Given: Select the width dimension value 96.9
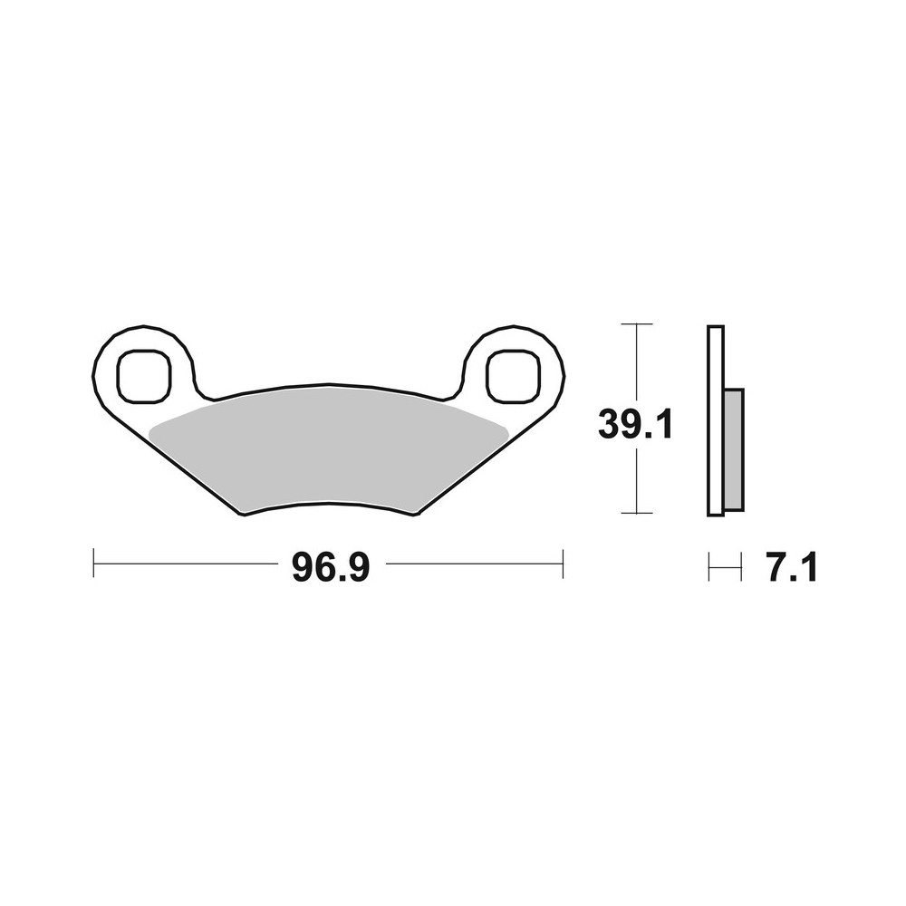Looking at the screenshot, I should [330, 568].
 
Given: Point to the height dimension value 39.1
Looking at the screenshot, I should [635, 424].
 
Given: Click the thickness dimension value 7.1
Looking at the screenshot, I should [792, 568].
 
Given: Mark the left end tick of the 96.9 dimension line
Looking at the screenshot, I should [94, 563].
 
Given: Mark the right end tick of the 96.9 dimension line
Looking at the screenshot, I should [564, 563].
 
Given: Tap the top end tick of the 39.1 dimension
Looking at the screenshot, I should [638, 323].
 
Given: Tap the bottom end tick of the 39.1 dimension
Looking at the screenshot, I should [638, 514].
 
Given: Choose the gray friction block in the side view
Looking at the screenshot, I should [734, 448].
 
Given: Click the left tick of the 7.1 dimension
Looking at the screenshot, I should [708, 568].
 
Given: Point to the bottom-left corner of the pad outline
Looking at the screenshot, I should [244, 515].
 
